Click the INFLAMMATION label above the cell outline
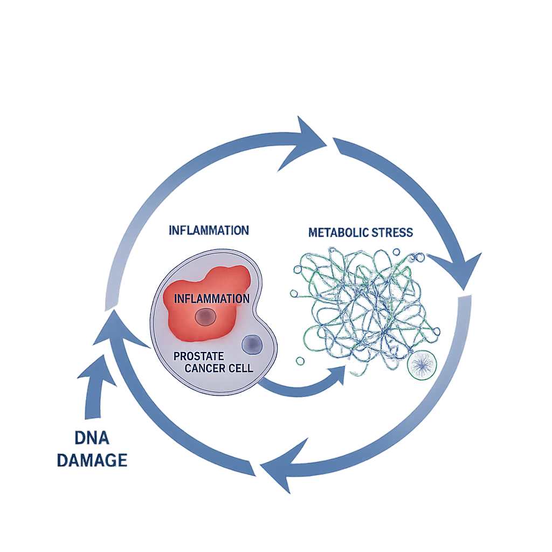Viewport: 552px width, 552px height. pos(209,230)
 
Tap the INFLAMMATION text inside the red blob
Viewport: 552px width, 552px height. pos(212,298)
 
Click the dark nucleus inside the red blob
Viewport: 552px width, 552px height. pos(205,318)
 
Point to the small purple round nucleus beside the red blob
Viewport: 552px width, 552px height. pos(251,344)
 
